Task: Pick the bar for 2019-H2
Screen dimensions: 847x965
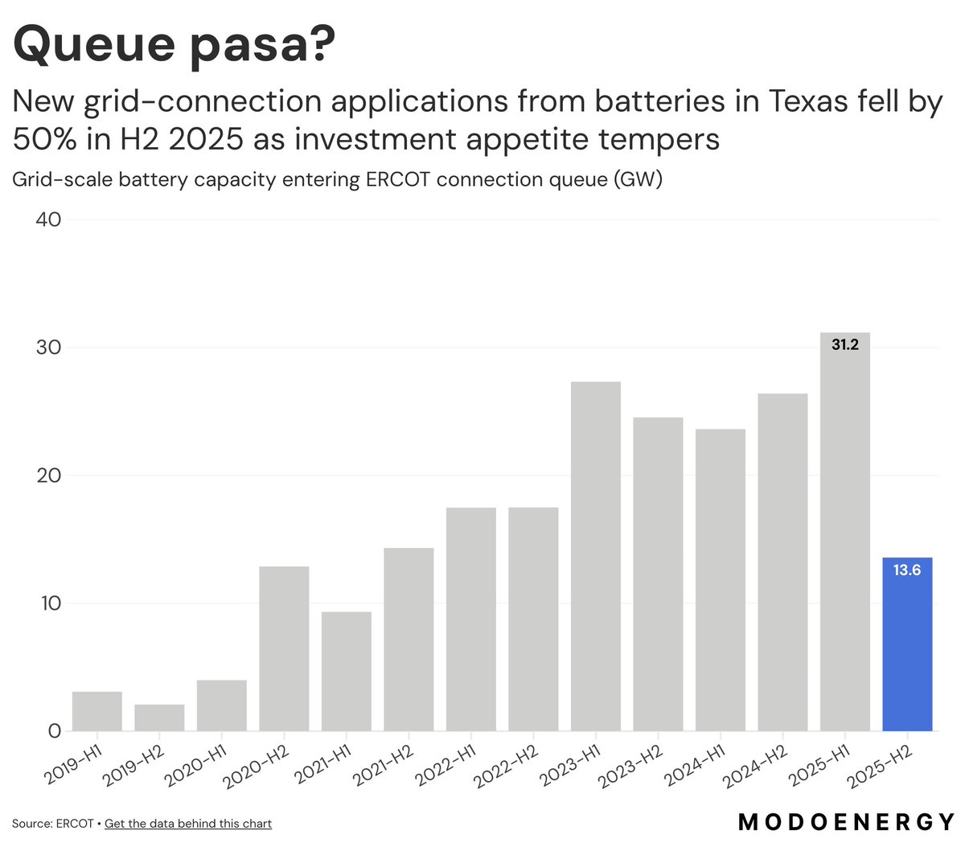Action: point(159,717)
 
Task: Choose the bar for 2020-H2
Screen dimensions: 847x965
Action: point(284,648)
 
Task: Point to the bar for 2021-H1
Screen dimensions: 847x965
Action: point(347,671)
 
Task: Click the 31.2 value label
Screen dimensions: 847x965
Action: point(844,345)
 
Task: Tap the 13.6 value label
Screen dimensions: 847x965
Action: point(906,570)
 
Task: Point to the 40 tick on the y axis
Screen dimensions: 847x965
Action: point(48,220)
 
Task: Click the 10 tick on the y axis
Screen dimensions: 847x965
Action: point(48,603)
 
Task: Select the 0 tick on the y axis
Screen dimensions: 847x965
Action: point(54,731)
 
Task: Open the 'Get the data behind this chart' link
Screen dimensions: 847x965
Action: point(188,824)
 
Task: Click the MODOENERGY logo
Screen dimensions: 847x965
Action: point(847,822)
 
